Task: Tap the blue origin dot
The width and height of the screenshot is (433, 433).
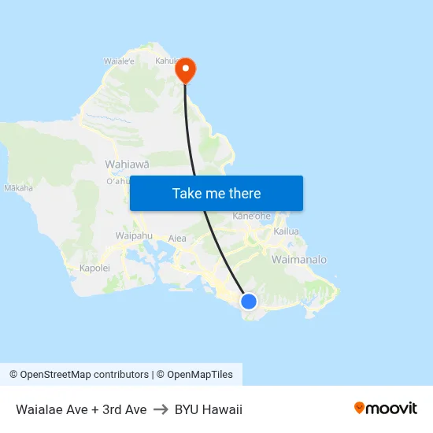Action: click(x=248, y=301)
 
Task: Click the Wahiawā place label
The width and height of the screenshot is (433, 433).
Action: click(x=127, y=165)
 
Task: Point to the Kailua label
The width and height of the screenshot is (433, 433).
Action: click(x=287, y=231)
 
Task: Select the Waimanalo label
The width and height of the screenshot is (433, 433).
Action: click(x=298, y=259)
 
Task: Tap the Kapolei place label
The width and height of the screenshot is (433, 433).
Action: click(x=95, y=268)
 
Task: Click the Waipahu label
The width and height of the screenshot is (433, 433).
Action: click(x=134, y=235)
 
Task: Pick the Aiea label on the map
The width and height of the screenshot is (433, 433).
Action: click(x=178, y=237)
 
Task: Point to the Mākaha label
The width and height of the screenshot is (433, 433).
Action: click(x=19, y=188)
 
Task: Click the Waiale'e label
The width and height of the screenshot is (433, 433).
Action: click(x=119, y=61)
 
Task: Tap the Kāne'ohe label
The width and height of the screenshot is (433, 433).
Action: click(x=252, y=216)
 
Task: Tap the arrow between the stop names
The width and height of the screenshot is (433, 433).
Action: click(x=161, y=409)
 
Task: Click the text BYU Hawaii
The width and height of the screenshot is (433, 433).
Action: click(x=209, y=409)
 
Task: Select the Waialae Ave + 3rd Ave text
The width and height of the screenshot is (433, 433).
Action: click(x=81, y=409)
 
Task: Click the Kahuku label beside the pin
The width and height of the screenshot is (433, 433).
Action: click(x=166, y=61)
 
